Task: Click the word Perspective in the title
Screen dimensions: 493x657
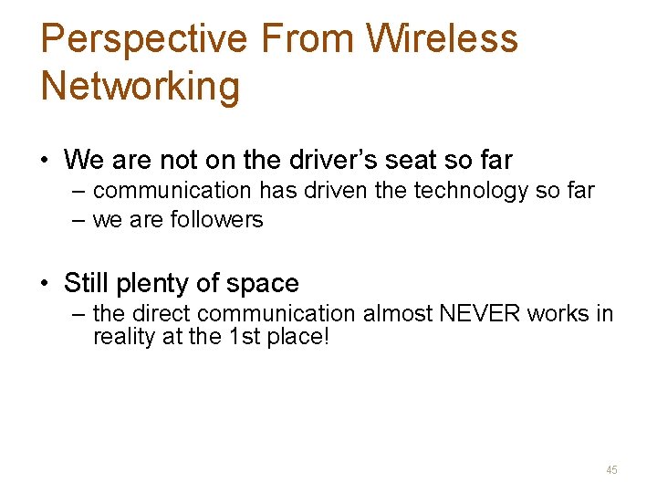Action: pos(143,39)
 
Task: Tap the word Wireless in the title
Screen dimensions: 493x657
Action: pos(442,39)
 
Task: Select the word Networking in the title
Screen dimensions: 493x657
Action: pos(141,86)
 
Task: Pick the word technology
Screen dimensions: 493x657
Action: pos(463,191)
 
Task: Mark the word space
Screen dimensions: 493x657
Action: pos(264,284)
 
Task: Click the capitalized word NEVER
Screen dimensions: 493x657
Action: pos(472,314)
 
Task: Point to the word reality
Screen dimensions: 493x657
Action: pos(122,337)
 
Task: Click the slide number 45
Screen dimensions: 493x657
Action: pos(611,469)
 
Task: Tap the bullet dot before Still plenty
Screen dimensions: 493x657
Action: pos(44,284)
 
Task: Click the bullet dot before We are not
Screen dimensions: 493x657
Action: pos(44,162)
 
